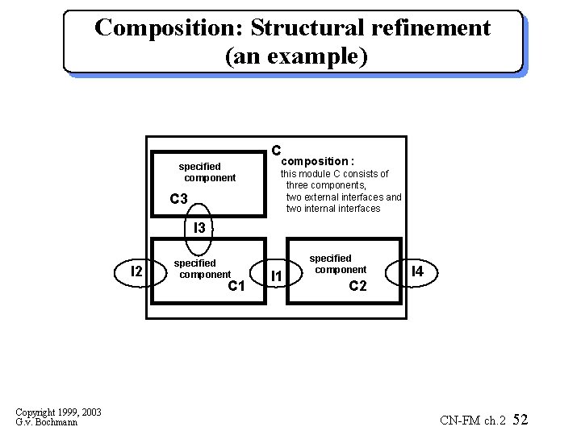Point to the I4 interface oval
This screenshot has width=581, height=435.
pyautogui.click(x=417, y=273)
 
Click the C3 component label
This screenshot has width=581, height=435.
pyautogui.click(x=178, y=200)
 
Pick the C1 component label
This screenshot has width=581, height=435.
pyautogui.click(x=236, y=286)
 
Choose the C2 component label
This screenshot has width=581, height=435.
pyautogui.click(x=357, y=286)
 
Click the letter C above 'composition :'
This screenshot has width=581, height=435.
pyautogui.click(x=275, y=151)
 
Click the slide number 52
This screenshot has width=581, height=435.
pyautogui.click(x=520, y=420)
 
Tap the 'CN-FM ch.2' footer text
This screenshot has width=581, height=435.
pyautogui.click(x=473, y=420)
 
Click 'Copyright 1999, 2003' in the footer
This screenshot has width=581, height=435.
pyautogui.click(x=58, y=412)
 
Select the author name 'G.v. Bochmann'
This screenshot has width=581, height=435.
pyautogui.click(x=46, y=422)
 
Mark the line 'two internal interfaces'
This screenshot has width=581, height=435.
pyautogui.click(x=332, y=209)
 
